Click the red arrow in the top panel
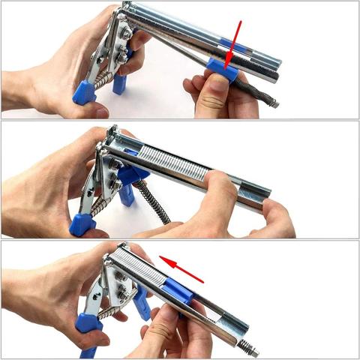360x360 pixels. click(235, 40)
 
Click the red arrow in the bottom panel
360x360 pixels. click(182, 271)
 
